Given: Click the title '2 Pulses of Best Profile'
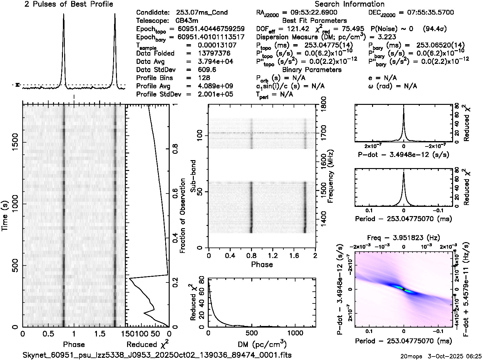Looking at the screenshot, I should pos(69,4).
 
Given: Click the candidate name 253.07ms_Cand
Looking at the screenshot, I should pos(201,13).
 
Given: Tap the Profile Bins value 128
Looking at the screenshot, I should pos(204,78).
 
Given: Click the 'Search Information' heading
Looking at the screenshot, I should pos(350,4).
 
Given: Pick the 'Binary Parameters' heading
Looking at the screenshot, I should pos(312,70).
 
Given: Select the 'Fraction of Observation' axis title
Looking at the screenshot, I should pos(182,216).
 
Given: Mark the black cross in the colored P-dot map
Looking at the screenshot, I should pos(404,289).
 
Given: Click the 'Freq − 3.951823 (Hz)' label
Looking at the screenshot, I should pos(404,238).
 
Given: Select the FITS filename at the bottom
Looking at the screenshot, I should pos(157,355).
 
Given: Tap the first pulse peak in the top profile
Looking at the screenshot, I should pos(64,15).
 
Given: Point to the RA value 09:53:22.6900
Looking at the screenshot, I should pos(310,13).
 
